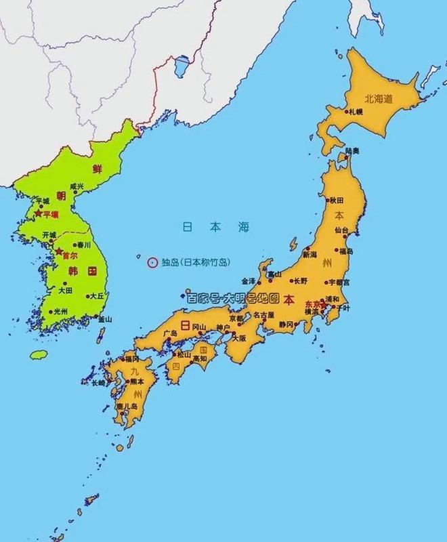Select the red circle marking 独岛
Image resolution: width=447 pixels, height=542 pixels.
pyautogui.click(x=152, y=262)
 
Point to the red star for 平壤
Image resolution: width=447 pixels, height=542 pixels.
pyautogui.click(x=38, y=213)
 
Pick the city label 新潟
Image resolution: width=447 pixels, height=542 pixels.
pyautogui.click(x=310, y=255)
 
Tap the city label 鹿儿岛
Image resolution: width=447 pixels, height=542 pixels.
pyautogui.click(x=127, y=406)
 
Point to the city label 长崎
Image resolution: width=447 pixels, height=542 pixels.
pyautogui.click(x=99, y=383)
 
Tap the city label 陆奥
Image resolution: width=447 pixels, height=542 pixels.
pyautogui.click(x=352, y=150)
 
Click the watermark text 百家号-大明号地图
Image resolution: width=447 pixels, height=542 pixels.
pyautogui.click(x=234, y=297)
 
